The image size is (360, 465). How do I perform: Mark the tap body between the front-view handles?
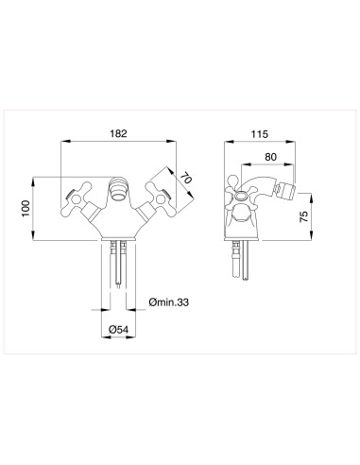pos(116,222)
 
